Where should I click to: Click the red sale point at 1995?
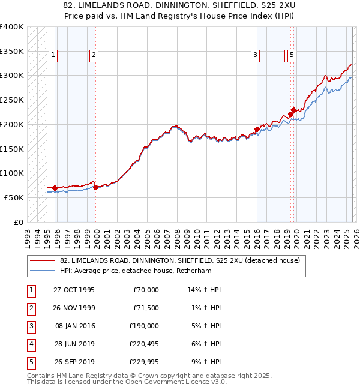tap(55, 188)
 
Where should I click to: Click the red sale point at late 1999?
tap(95, 187)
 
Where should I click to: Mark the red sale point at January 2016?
tap(257, 129)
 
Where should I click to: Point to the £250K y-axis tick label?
tap(12, 100)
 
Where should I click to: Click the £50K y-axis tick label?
tap(14, 197)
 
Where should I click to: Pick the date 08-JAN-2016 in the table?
tap(74, 326)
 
